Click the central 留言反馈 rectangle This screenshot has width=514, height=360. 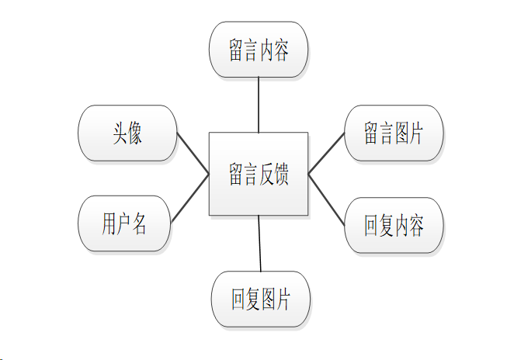[x=259, y=174]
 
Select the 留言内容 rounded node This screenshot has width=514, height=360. [x=259, y=50]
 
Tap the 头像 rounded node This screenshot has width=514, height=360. [x=127, y=133]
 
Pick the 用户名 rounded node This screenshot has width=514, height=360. [x=124, y=223]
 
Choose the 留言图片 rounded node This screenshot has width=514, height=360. [x=394, y=133]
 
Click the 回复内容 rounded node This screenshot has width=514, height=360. [x=394, y=226]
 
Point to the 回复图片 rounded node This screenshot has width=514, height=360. [x=260, y=299]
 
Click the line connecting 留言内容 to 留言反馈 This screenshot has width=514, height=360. [x=259, y=105]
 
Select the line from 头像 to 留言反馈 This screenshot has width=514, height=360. [x=193, y=154]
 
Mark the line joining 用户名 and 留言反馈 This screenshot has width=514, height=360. [x=190, y=198]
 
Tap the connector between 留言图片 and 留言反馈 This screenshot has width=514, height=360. [x=326, y=153]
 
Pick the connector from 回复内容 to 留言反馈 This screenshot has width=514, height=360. [x=326, y=199]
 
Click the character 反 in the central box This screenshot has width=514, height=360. [x=269, y=174]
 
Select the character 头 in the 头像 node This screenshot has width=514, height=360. [x=119, y=133]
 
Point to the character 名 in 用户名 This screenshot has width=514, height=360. [x=140, y=223]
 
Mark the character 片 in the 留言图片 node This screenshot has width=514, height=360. [x=415, y=133]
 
